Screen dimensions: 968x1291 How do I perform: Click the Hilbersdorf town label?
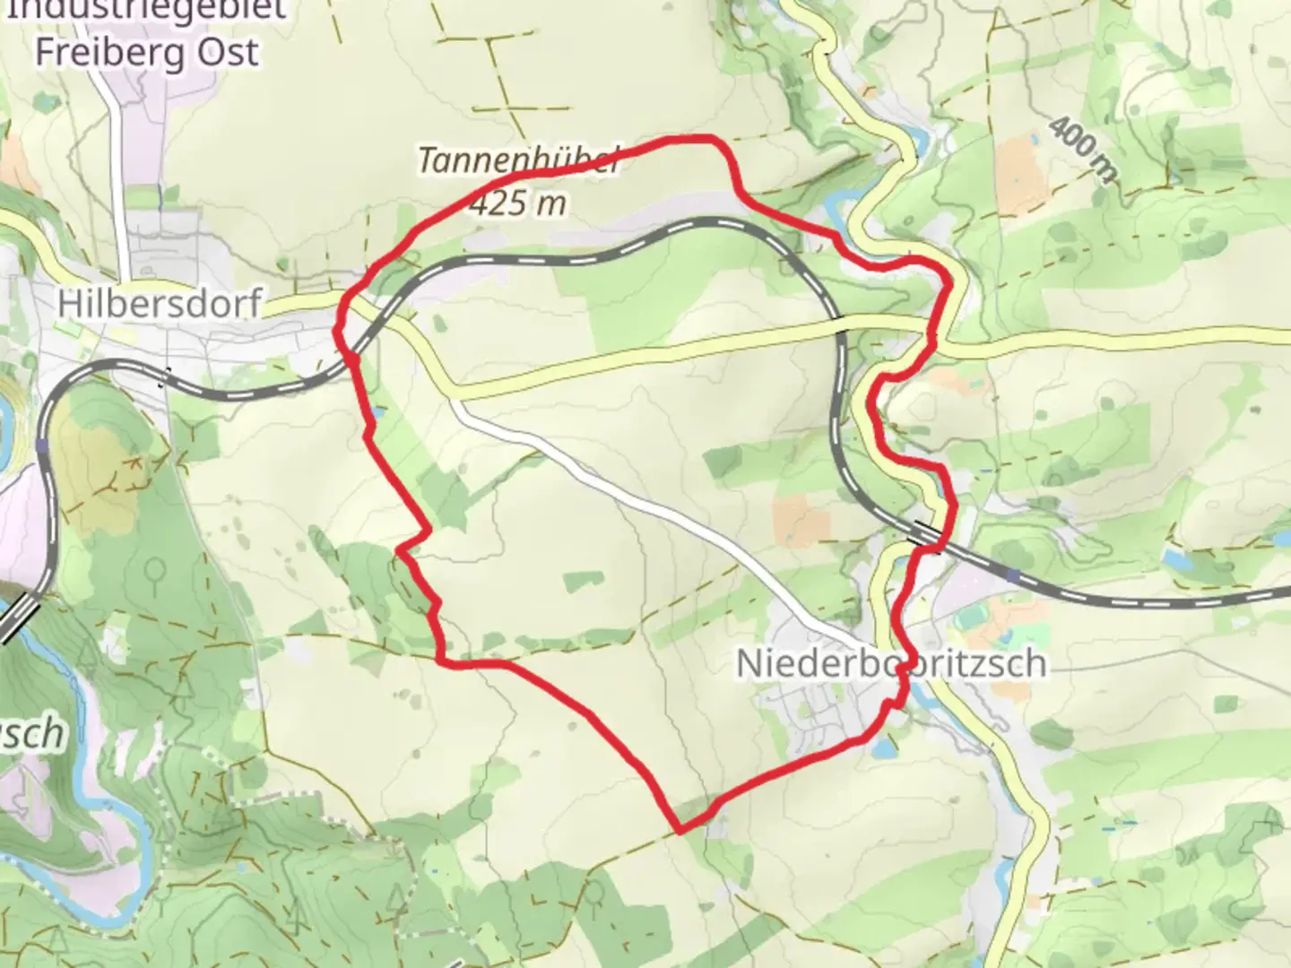[159, 303]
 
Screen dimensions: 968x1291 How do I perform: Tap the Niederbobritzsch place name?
[890, 663]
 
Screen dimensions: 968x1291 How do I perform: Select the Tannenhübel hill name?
[518, 162]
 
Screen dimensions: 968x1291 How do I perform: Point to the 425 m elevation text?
[518, 204]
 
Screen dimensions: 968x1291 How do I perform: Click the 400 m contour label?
[1082, 149]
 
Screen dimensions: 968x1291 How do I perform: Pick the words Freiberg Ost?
[146, 52]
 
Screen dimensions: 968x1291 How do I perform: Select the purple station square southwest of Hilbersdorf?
[42, 444]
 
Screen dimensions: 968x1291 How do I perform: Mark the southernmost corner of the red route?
[680, 830]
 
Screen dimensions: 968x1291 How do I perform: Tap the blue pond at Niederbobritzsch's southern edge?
[882, 747]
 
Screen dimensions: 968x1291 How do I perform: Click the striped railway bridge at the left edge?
[20, 618]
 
